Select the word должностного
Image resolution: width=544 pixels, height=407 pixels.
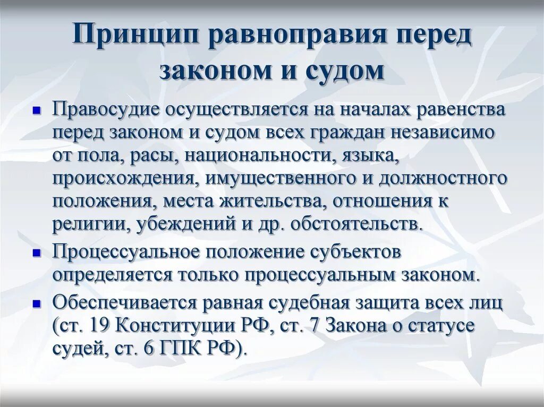point(442,178)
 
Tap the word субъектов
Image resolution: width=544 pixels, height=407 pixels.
point(362,252)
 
